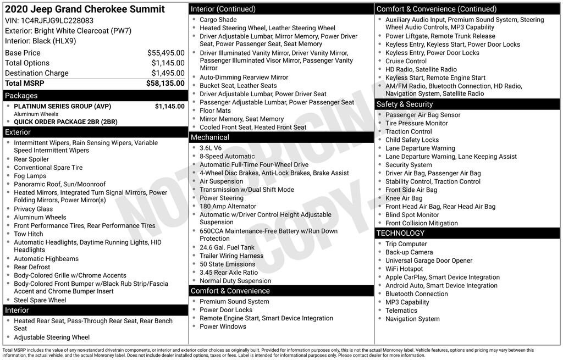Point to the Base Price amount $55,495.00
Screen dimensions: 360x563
click(x=165, y=53)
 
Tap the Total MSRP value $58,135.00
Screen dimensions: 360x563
click(x=165, y=83)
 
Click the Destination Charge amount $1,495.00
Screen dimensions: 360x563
click(x=168, y=73)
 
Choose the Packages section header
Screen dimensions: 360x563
click(x=21, y=96)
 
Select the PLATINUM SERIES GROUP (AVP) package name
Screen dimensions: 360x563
click(x=62, y=107)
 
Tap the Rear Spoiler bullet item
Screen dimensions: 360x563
click(x=31, y=159)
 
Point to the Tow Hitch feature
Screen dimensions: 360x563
click(x=29, y=234)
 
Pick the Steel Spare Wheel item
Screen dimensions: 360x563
click(x=40, y=300)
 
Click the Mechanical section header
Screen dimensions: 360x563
click(x=209, y=137)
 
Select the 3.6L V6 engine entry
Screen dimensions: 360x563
click(x=211, y=148)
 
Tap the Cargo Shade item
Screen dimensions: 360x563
click(x=218, y=20)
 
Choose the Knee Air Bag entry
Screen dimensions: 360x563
click(x=404, y=198)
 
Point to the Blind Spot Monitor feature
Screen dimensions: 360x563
click(x=412, y=215)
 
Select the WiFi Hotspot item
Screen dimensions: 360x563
click(x=404, y=269)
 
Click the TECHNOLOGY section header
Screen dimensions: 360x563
click(x=400, y=234)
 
